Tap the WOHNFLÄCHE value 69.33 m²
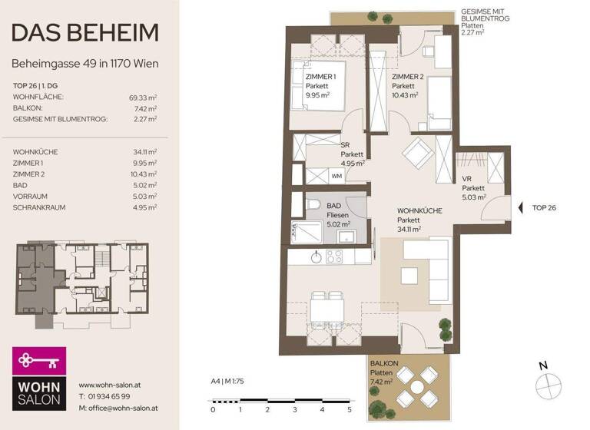[144, 98]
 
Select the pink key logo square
[39, 360]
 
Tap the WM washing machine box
[336, 176]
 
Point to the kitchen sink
[317, 257]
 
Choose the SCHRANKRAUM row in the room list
[41, 207]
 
